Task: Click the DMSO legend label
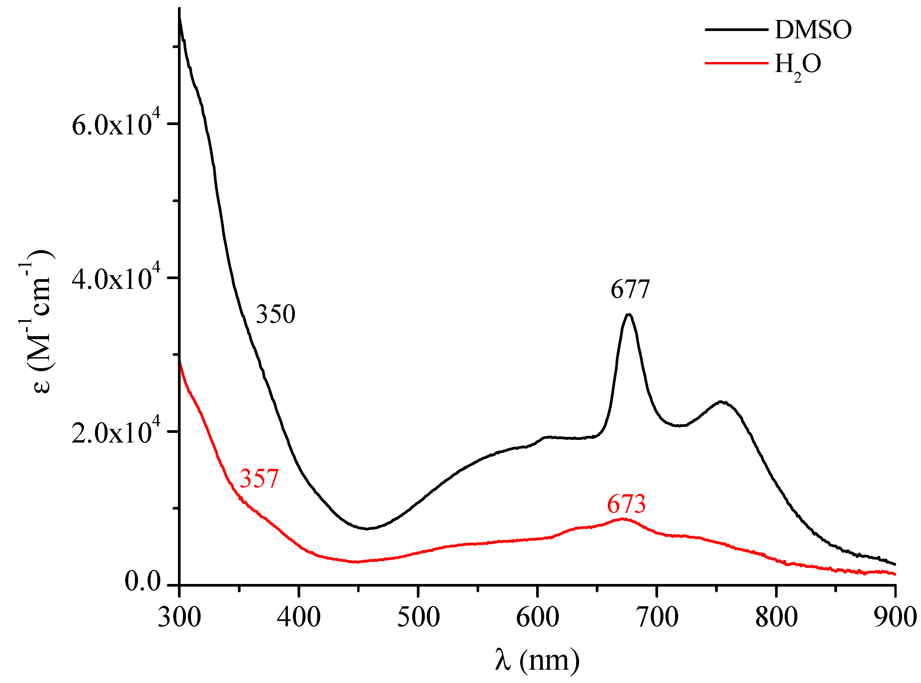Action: [813, 30]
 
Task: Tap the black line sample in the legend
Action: [736, 29]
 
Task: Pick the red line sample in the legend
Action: [736, 63]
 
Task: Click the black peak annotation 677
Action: [630, 289]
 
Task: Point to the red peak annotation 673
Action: [626, 504]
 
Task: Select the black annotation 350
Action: [276, 314]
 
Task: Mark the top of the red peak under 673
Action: [622, 519]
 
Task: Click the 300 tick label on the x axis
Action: [179, 617]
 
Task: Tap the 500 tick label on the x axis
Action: [419, 617]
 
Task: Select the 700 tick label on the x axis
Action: [657, 617]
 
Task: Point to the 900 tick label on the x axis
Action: [895, 617]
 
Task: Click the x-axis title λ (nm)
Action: [537, 660]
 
